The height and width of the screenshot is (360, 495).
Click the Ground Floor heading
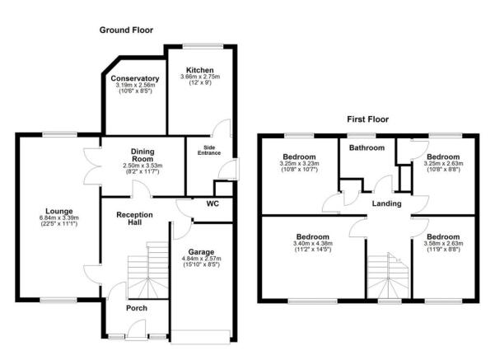point(126,30)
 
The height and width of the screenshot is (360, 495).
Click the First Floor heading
point(367,119)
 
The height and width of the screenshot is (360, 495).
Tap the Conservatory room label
point(134,79)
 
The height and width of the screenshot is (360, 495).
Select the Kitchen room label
point(200,70)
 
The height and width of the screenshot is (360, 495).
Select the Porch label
point(135,309)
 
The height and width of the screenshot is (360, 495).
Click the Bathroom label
point(366,148)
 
